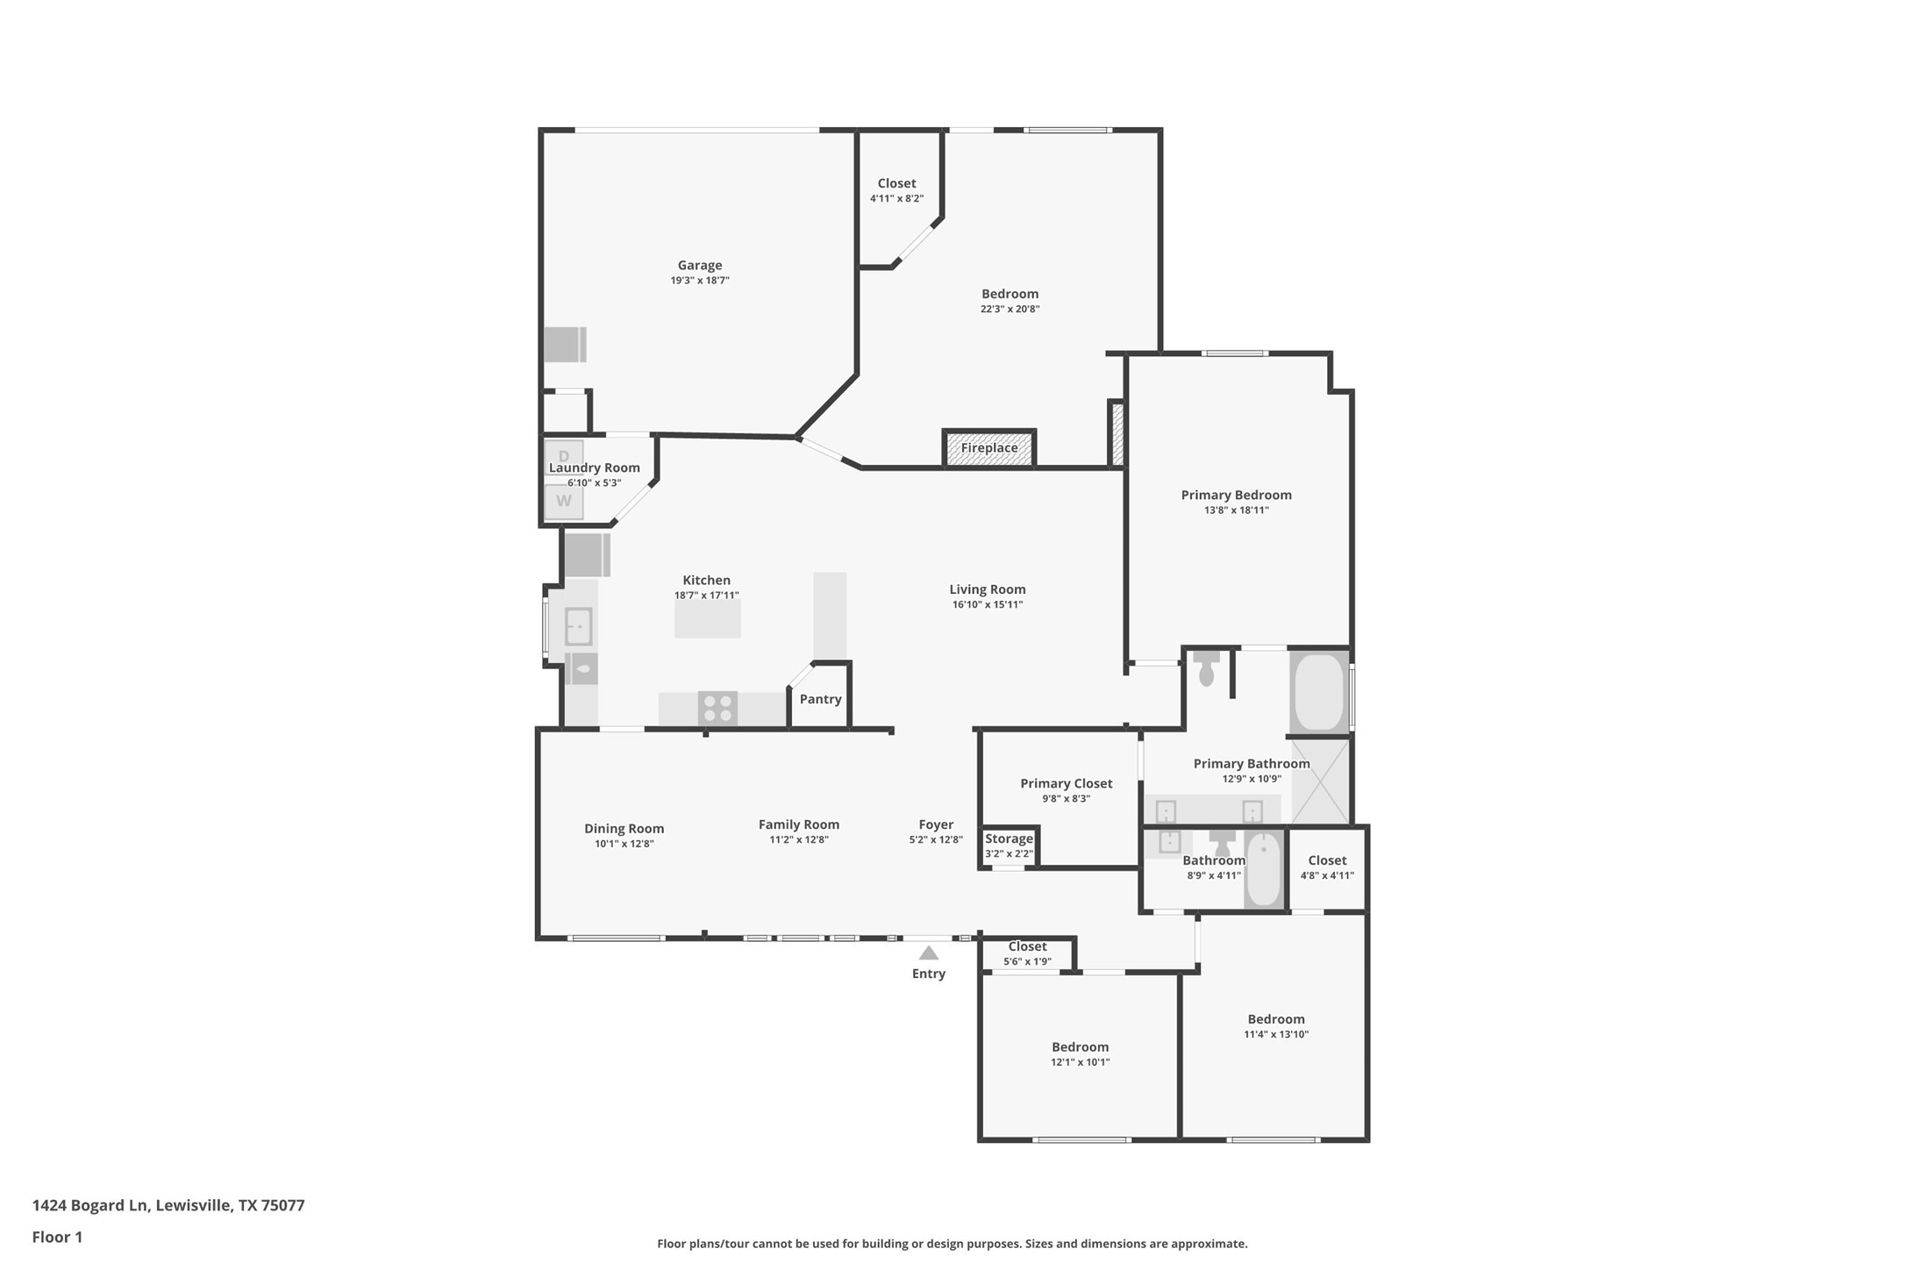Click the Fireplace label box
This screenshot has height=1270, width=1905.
click(x=988, y=448)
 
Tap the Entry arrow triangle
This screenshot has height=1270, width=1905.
click(x=928, y=953)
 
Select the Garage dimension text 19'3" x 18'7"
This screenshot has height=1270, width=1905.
click(x=699, y=281)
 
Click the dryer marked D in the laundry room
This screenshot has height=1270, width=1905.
click(x=564, y=456)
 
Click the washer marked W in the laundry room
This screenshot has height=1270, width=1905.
click(x=564, y=502)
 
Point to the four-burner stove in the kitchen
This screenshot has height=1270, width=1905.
click(x=717, y=709)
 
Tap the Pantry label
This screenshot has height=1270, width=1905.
click(x=820, y=699)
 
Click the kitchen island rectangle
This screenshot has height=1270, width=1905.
click(x=707, y=618)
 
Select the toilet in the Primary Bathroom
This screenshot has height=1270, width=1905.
click(x=1206, y=668)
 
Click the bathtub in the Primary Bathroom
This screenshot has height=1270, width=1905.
click(x=1318, y=691)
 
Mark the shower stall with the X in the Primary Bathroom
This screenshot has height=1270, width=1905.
click(x=1320, y=781)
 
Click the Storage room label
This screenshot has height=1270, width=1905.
click(x=1009, y=839)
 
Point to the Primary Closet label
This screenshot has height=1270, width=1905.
click(x=1066, y=783)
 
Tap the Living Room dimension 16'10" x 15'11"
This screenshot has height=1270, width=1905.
click(x=987, y=604)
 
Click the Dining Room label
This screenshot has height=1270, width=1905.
click(x=624, y=829)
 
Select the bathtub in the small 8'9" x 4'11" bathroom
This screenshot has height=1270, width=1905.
click(x=1264, y=869)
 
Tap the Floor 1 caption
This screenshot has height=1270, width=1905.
click(x=57, y=1238)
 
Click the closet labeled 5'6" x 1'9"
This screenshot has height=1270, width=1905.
click(x=1027, y=953)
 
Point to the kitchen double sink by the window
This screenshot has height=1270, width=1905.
click(x=578, y=626)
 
